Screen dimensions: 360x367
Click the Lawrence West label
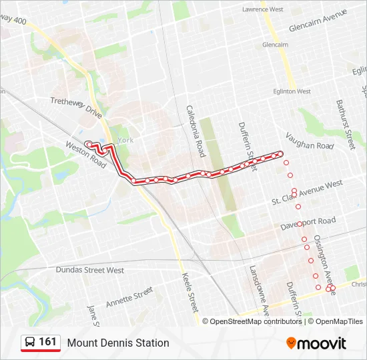pos(262,10)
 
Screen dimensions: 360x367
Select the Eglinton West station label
pos(292,91)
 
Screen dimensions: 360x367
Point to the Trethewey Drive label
pos(76,107)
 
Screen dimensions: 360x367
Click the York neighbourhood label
pos(125,140)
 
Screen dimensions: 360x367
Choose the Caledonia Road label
pos(195,131)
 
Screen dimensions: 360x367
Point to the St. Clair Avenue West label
pos(307,193)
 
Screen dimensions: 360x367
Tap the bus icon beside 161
pos(29,343)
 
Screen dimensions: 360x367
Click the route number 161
pos(47,342)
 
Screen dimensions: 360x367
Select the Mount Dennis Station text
pos(118,343)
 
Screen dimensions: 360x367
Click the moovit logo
pos(316,343)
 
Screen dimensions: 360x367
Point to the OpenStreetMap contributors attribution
pos(256,321)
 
